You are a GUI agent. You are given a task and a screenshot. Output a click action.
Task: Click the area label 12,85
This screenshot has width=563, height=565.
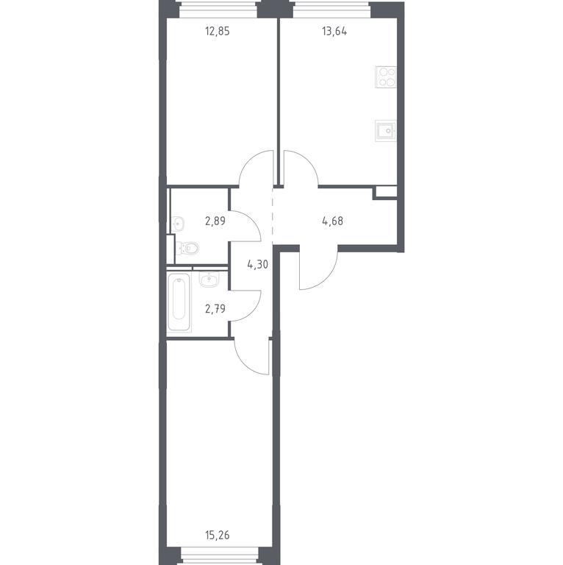pos(217,32)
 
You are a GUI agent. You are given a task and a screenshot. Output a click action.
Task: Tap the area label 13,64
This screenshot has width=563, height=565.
pos(334,32)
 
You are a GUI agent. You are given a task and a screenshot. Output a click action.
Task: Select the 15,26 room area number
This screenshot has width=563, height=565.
pos(217,535)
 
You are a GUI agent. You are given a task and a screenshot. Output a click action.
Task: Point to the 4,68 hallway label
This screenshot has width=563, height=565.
pos(333,221)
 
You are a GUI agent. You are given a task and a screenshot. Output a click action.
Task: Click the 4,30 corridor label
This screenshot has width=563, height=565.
pos(258,265)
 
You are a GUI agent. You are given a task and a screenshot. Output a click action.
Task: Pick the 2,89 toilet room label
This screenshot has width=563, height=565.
pos(215,221)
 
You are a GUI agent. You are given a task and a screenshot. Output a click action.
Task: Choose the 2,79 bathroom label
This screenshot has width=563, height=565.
pos(215,308)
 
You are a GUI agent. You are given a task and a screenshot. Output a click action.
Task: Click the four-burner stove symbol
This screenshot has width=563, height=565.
pos(386,77)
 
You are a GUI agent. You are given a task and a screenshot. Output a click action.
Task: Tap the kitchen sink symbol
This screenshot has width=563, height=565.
pos(386,130)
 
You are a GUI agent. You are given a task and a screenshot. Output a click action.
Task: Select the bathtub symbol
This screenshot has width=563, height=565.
pos(179,302)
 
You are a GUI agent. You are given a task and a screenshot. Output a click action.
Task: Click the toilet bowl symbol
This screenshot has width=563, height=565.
pos(188,248)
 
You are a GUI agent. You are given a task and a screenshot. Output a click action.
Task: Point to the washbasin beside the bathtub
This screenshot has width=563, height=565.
pos(209,280)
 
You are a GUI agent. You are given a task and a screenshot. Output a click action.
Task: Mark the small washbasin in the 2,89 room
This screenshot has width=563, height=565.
pos(178,224)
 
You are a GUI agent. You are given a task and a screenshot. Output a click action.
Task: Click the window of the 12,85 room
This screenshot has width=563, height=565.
pos(218,9)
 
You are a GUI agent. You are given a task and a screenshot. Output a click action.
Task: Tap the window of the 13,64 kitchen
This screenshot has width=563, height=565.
pos(331,9)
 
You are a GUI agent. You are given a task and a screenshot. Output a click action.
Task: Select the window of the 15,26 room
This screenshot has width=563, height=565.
pos(220,555)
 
